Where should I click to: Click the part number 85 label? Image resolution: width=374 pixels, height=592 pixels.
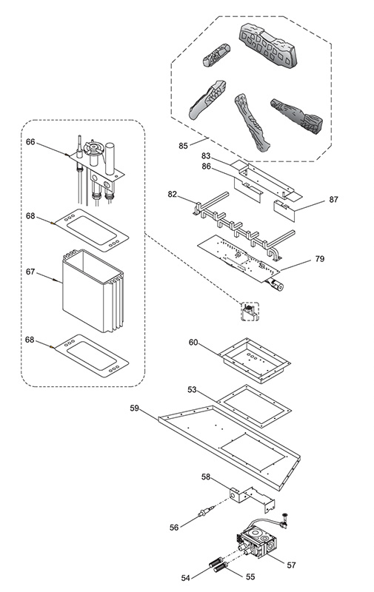[x=183, y=146]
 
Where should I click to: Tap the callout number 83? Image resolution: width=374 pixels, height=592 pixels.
[x=205, y=156]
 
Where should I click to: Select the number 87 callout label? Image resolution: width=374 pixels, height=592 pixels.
[x=333, y=199]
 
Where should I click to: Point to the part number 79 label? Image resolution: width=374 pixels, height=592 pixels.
[x=320, y=259]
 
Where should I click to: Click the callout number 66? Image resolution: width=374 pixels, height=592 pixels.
[x=30, y=142]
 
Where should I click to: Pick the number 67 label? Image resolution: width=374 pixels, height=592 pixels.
[x=30, y=272]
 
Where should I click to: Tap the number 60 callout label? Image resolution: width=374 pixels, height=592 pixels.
[x=193, y=343]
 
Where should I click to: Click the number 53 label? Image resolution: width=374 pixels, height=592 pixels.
[x=193, y=389]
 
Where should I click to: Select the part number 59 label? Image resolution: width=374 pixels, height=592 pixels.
[x=135, y=408]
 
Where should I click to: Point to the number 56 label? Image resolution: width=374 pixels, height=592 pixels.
[x=174, y=528]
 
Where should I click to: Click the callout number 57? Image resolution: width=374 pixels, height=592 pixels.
[x=291, y=565]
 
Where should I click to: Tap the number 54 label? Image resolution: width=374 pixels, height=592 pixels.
[x=185, y=578]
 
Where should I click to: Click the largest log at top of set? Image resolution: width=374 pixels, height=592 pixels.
[x=268, y=45]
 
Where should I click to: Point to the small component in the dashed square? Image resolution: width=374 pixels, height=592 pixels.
[x=250, y=312]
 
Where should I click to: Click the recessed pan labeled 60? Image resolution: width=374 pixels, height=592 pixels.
[x=255, y=360]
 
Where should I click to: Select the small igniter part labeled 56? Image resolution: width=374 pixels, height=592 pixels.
[x=207, y=511]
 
